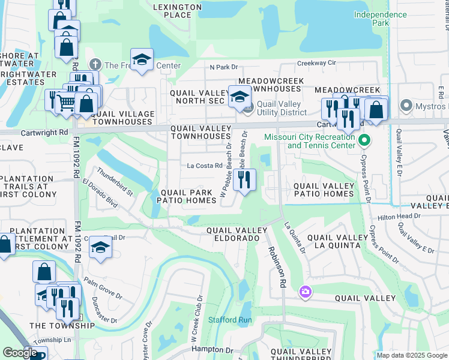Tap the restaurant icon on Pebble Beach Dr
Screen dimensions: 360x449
(x=244, y=179)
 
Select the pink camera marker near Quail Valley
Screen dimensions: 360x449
(x=306, y=292)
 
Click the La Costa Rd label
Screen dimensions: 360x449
(x=205, y=166)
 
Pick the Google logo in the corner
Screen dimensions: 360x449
(x=20, y=352)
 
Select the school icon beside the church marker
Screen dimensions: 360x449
(x=142, y=59)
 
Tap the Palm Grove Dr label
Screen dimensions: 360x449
(x=103, y=288)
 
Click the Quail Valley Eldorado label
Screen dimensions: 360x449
(x=237, y=235)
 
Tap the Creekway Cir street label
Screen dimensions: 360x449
(x=316, y=62)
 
